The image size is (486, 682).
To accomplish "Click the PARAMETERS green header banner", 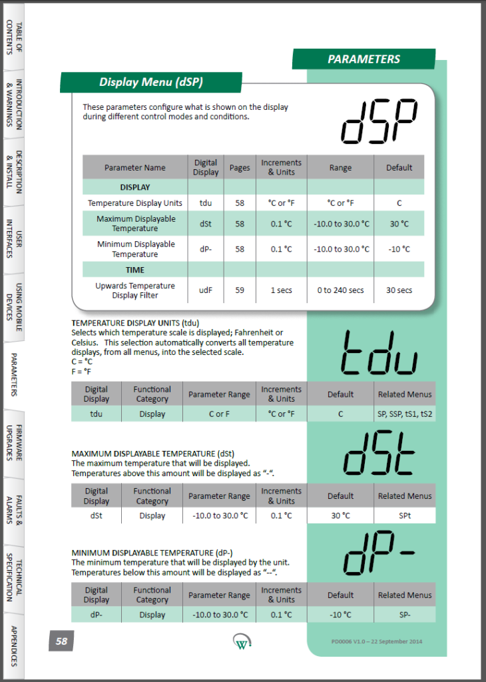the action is pyautogui.click(x=364, y=59).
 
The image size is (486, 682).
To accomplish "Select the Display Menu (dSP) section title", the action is pyautogui.click(x=151, y=82).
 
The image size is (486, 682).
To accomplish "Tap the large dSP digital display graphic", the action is pyautogui.click(x=379, y=122).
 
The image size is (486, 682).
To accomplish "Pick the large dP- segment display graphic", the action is pyautogui.click(x=379, y=555).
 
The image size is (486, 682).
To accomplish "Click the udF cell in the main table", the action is pyautogui.click(x=205, y=290).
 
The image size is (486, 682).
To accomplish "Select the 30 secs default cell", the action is pyautogui.click(x=399, y=290).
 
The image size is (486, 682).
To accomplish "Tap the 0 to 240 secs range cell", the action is pyautogui.click(x=340, y=290).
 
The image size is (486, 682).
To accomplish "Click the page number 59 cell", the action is pyautogui.click(x=240, y=290).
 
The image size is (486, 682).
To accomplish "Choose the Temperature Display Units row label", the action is pyautogui.click(x=135, y=203).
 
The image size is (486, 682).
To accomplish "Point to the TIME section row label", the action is pyautogui.click(x=135, y=270).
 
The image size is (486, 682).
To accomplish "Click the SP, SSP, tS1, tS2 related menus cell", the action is pyautogui.click(x=405, y=414).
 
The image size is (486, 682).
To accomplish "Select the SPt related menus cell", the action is pyautogui.click(x=405, y=515).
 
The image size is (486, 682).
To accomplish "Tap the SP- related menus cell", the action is pyautogui.click(x=405, y=615).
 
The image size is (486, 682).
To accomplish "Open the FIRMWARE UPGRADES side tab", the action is pyautogui.click(x=14, y=443).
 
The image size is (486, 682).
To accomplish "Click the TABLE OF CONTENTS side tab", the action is pyautogui.click(x=14, y=36).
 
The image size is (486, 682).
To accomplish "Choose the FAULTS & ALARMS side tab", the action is pyautogui.click(x=14, y=511).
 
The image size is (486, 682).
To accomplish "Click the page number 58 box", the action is pyautogui.click(x=61, y=641).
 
